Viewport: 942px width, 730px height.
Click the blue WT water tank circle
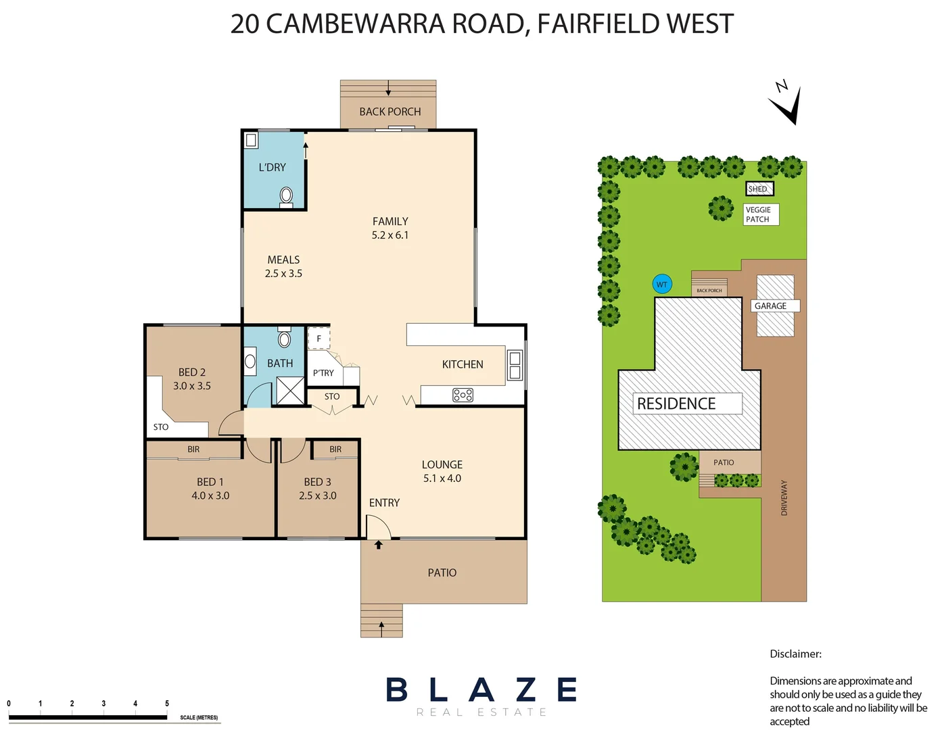pos(662,285)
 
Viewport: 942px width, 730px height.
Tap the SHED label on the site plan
pos(759,189)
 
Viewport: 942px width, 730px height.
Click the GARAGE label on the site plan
pos(772,306)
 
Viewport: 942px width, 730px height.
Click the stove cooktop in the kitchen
pos(463,395)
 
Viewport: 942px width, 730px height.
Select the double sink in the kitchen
pos(515,365)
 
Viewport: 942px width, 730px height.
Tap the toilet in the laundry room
pos(286,197)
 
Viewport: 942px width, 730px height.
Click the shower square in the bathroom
pos(290,391)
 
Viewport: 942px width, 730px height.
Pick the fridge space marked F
pos(319,338)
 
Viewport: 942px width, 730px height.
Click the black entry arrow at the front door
pos(379,544)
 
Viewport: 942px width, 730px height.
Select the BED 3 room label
pos(317,482)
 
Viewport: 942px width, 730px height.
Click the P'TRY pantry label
pos(323,373)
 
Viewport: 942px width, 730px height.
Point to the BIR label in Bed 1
pos(193,449)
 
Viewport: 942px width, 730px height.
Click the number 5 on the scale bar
pos(167,704)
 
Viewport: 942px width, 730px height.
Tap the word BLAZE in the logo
pos(481,690)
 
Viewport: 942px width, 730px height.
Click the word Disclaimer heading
pos(795,654)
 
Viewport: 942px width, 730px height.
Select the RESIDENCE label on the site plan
pos(676,404)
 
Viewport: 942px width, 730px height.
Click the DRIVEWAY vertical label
pos(784,498)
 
